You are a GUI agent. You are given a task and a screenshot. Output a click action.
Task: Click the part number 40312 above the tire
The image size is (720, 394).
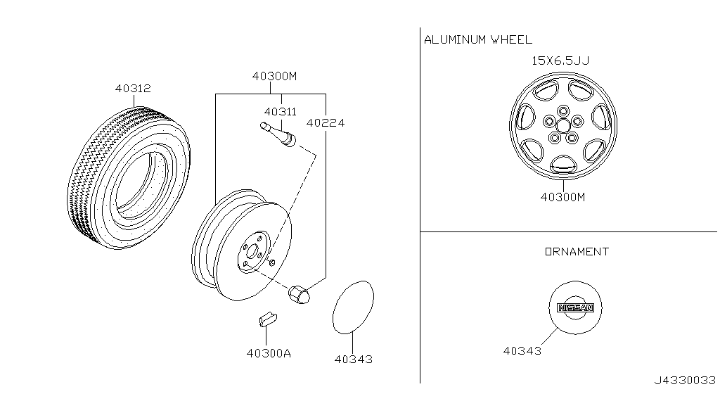pyautogui.click(x=133, y=88)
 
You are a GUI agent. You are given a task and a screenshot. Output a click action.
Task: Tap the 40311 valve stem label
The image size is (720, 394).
pyautogui.click(x=280, y=112)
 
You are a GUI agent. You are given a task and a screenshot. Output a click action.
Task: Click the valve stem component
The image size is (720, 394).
pyautogui.click(x=278, y=134)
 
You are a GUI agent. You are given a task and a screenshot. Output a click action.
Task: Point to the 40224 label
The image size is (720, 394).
pyautogui.click(x=326, y=122)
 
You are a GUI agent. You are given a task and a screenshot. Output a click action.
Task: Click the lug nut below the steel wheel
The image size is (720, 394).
pyautogui.click(x=299, y=294)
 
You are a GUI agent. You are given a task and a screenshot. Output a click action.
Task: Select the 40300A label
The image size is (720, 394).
pyautogui.click(x=269, y=353)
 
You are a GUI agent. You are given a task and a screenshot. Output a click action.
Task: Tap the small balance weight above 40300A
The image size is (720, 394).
pyautogui.click(x=268, y=319)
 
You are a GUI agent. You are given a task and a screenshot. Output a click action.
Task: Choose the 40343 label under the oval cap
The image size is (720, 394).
pyautogui.click(x=353, y=359)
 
